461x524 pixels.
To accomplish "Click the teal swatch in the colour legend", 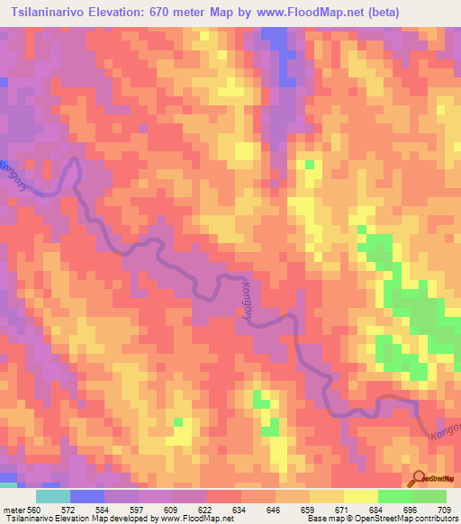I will click(52, 496).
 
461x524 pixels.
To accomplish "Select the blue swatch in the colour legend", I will click(86, 496).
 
